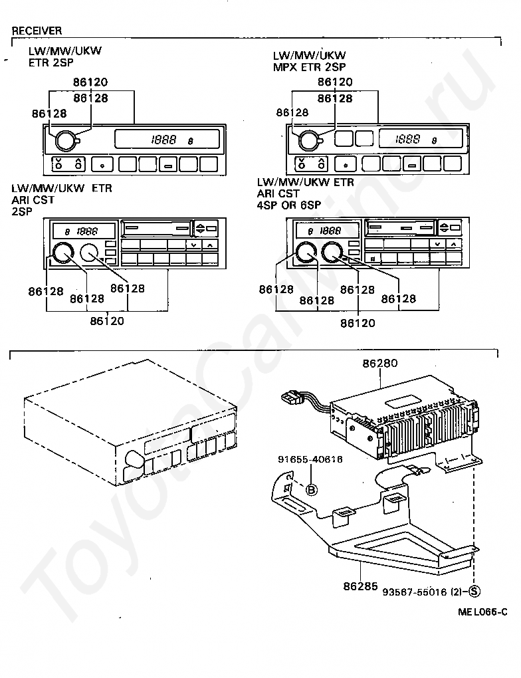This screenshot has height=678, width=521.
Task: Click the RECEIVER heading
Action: [x=37, y=31]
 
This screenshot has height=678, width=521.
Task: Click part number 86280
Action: [x=379, y=364]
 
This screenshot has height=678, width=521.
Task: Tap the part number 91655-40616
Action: [x=310, y=459]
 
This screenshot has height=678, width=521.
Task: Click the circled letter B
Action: [x=311, y=490]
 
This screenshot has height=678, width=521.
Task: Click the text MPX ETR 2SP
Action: [x=309, y=66]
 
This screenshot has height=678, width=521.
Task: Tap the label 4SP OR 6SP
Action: [x=289, y=205]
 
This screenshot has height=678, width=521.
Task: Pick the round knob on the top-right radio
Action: [x=308, y=140]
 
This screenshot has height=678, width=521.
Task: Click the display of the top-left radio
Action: [x=167, y=140]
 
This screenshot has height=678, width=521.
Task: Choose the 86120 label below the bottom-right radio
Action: [x=358, y=324]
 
